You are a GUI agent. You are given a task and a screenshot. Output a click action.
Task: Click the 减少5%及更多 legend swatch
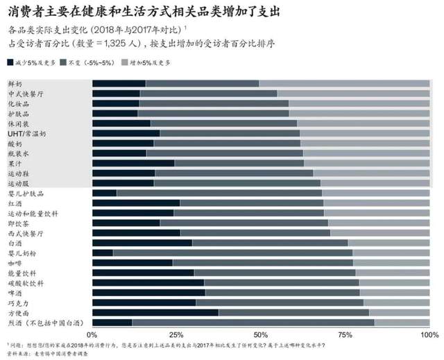pos(11,62)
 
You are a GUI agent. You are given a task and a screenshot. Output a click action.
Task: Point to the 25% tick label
pos(176,335)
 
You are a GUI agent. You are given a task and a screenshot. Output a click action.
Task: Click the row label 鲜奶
pos(15,84)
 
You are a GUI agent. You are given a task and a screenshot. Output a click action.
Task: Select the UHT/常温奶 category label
pos(27,133)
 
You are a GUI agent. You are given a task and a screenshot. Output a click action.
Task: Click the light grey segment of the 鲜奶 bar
pos(344,84)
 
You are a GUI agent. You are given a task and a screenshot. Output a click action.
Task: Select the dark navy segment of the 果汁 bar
pos(133,163)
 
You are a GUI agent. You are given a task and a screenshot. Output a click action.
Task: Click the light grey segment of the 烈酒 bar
pos(402,323)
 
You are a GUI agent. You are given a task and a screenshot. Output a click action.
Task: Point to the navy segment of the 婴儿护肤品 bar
pos(104,193)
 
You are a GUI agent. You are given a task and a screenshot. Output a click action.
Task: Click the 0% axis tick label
pos(92,335)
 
